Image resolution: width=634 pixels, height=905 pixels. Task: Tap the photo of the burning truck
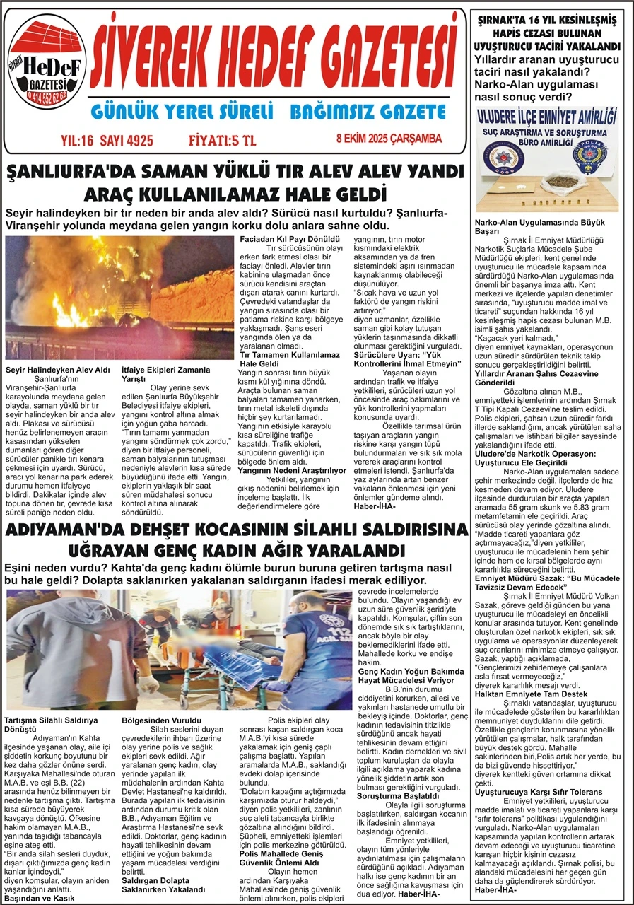(119, 297)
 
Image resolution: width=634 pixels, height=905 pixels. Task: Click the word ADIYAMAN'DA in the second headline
(74, 532)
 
